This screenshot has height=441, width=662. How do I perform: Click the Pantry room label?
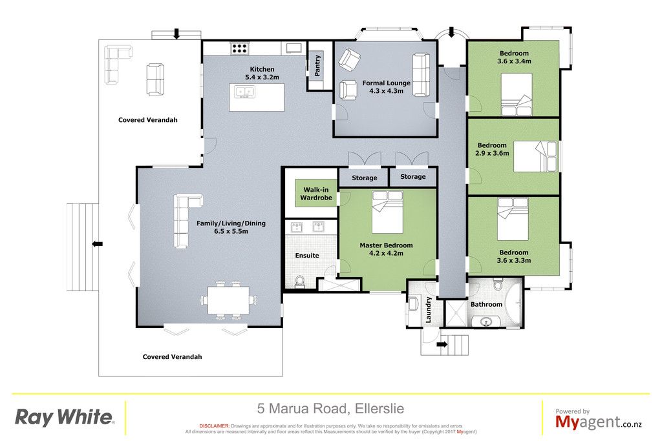[317, 65]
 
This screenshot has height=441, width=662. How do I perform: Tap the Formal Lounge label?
[387, 83]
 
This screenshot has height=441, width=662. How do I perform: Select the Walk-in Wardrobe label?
[315, 194]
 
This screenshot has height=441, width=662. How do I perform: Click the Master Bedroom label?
[386, 245]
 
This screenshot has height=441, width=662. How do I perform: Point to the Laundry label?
[428, 310]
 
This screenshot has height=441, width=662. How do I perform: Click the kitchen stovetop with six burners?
[239, 48]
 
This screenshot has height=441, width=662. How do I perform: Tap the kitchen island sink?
[244, 92]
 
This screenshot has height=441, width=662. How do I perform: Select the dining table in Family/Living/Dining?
[228, 300]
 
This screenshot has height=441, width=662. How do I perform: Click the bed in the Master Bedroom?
[387, 212]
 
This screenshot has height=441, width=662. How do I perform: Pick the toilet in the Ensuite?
[300, 282]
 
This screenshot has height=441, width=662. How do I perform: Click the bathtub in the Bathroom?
[513, 303]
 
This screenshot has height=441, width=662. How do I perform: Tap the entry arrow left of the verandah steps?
[98, 243]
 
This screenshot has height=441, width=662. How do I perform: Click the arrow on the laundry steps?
[442, 344]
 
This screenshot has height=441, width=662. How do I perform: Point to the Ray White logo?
[65, 417]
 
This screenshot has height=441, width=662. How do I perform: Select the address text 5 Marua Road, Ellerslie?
[330, 409]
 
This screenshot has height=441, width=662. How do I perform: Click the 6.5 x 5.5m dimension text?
[231, 231]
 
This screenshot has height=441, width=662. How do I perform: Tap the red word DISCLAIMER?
[214, 426]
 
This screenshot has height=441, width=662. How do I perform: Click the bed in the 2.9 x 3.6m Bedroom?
[535, 156]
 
